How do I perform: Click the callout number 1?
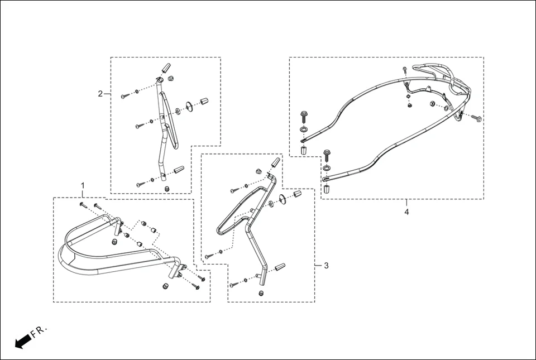point(83,185)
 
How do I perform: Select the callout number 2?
point(100,94)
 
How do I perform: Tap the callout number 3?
point(326,266)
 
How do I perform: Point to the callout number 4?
point(406,213)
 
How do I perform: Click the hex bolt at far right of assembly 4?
point(478,118)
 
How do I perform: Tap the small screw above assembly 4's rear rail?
point(404,70)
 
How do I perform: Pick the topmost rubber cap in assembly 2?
point(165,69)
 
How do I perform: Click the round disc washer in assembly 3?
point(283,199)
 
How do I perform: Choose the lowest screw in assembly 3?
point(233,285)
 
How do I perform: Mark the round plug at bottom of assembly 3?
point(261,293)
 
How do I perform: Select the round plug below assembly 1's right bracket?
point(166,286)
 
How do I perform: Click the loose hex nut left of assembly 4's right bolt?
point(433,104)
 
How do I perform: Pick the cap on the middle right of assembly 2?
point(204,102)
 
